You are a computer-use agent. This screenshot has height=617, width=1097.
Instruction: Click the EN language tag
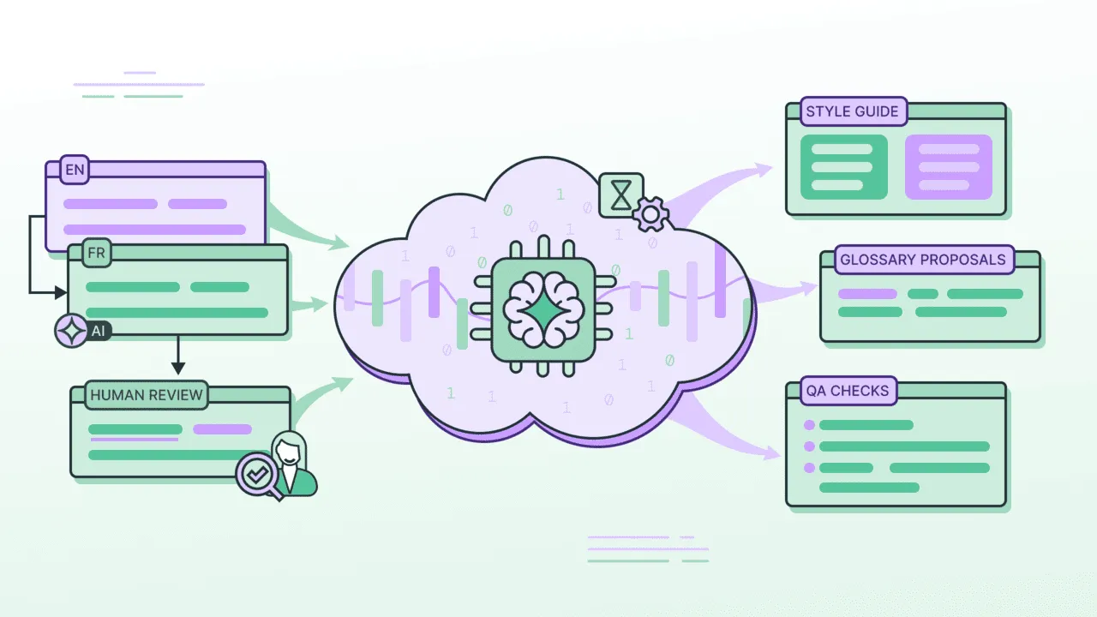[x=75, y=170]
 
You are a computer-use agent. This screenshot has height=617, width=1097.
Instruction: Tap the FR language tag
[x=96, y=253]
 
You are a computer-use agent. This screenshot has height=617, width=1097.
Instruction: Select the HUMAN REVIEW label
[x=146, y=395]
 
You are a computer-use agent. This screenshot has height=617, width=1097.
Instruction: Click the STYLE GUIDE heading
[x=852, y=111]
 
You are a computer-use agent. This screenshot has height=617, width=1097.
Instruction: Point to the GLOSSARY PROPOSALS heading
[x=922, y=260]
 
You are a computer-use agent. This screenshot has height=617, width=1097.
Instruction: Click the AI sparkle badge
[x=71, y=330]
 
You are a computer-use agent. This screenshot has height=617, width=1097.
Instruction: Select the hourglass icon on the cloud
[x=621, y=195]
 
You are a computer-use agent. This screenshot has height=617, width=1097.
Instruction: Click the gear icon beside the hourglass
[x=650, y=213]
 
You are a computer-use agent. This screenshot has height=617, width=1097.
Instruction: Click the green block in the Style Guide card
[x=843, y=166]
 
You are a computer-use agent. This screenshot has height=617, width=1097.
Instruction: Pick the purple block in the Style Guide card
[x=948, y=166]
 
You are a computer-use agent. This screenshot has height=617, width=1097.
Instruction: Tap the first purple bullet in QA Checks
[x=808, y=425]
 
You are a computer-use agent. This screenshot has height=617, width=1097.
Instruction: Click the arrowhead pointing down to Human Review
[x=178, y=368]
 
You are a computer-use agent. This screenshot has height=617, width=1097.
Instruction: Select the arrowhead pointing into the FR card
[x=61, y=293]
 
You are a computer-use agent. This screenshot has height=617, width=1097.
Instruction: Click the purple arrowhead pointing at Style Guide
[x=762, y=169]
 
